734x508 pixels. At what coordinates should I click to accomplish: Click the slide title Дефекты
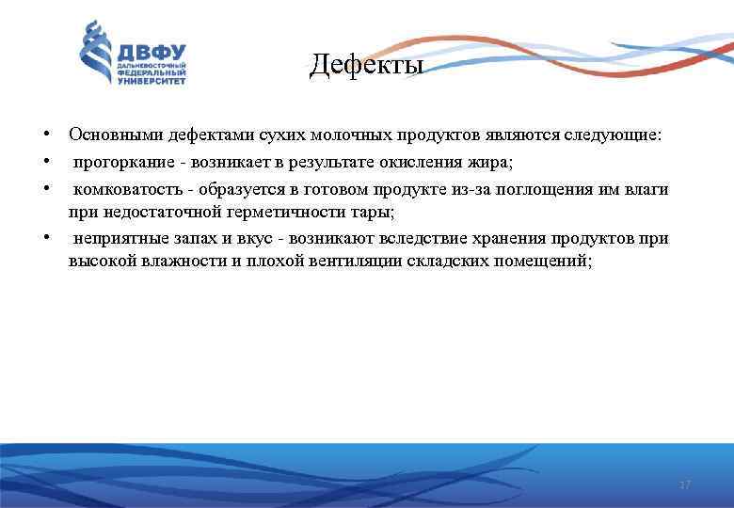367,65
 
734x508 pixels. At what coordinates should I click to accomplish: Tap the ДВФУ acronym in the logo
151,51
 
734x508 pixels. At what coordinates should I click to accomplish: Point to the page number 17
685,484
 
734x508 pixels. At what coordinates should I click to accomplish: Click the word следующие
613,135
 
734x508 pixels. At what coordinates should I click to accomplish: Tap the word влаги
647,189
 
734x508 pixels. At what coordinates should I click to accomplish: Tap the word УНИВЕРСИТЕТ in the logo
152,81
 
